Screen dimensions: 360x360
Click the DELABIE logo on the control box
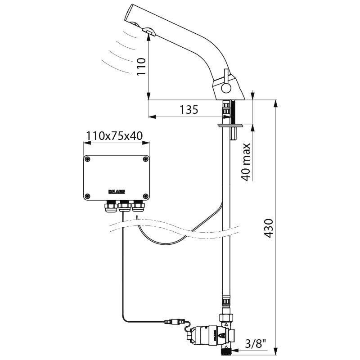pyautogui.click(x=117, y=191)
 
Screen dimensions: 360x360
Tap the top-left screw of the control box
pyautogui.click(x=87, y=158)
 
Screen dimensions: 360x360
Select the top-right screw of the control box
pyautogui.click(x=145, y=158)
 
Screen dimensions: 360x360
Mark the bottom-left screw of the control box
pyautogui.click(x=87, y=195)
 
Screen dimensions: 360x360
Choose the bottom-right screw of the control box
pyautogui.click(x=145, y=195)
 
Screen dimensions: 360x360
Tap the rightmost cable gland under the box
pyautogui.click(x=137, y=207)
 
